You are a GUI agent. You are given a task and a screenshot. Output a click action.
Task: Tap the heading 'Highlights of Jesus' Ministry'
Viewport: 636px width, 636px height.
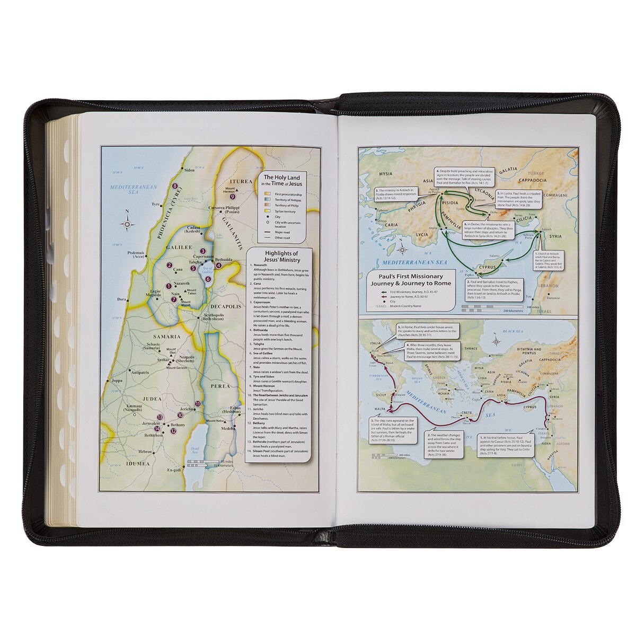278,257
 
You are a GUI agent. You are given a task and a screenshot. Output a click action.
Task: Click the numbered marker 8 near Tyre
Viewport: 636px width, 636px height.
174,186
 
